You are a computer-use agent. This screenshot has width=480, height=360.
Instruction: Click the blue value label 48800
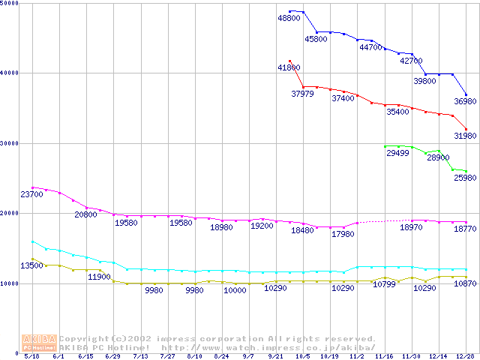pyautogui.click(x=289, y=18)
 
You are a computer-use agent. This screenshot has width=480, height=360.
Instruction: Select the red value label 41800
pyautogui.click(x=289, y=67)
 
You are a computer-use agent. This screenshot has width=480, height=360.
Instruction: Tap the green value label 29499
pyautogui.click(x=397, y=153)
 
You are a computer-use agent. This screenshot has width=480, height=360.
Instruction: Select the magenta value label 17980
pyautogui.click(x=343, y=234)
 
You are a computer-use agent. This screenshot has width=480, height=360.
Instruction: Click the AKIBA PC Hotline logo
pyautogui.click(x=40, y=343)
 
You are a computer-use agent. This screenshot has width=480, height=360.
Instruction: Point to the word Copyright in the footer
pyautogui.click(x=85, y=339)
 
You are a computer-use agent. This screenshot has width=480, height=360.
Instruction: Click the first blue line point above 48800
pyautogui.click(x=289, y=11)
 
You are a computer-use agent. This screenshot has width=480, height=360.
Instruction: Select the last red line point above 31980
pyautogui.click(x=466, y=128)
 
